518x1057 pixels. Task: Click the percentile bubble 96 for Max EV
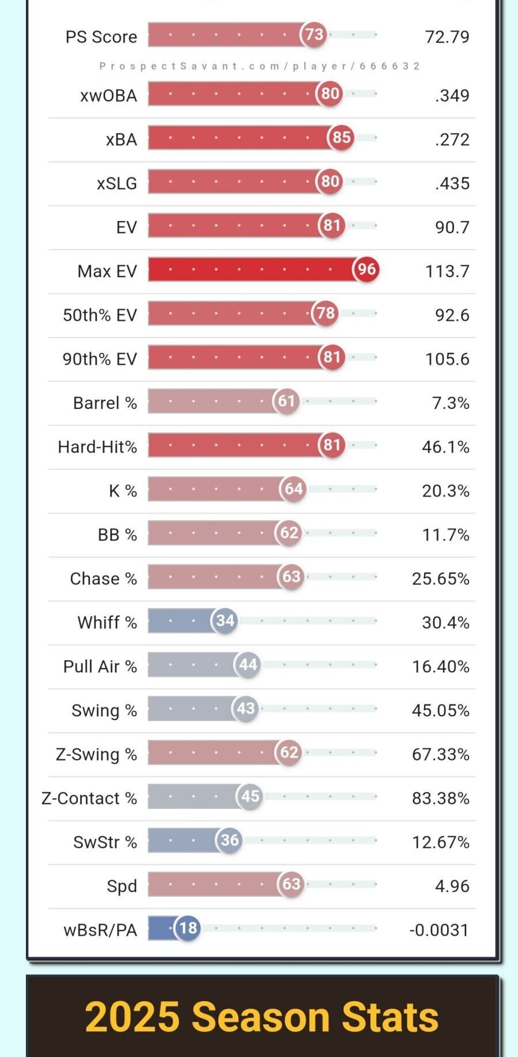(x=367, y=269)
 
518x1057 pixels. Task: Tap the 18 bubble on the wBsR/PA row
(x=188, y=928)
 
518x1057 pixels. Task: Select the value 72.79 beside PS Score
(x=447, y=37)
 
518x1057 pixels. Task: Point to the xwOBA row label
(x=109, y=96)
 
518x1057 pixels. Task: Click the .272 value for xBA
(x=452, y=139)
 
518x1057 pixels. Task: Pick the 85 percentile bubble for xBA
(x=341, y=138)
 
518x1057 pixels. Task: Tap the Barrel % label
(x=105, y=403)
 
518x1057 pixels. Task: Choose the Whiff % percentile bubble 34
(x=225, y=621)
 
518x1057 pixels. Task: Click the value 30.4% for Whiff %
(x=445, y=623)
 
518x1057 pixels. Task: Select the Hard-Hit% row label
(x=97, y=447)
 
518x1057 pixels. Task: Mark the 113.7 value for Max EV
(x=447, y=271)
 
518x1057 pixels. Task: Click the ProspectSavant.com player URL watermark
(x=260, y=66)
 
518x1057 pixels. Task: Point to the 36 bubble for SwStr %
(x=230, y=840)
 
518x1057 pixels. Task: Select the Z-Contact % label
(x=89, y=798)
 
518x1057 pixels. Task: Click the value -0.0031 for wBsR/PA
(x=439, y=930)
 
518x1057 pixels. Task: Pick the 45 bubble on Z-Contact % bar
(x=250, y=797)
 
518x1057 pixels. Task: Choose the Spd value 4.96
(x=452, y=886)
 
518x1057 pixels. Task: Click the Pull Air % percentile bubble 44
(x=248, y=665)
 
